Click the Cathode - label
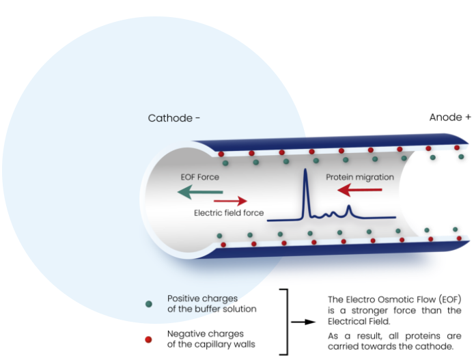[173, 118]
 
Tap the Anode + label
[449, 117]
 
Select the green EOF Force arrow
[195, 193]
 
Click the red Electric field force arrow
[230, 201]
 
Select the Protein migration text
[359, 177]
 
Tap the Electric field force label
[228, 213]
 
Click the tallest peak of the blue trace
[305, 170]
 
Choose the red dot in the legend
[149, 339]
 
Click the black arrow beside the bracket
[303, 321]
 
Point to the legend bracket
[285, 321]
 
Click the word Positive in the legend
[183, 299]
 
